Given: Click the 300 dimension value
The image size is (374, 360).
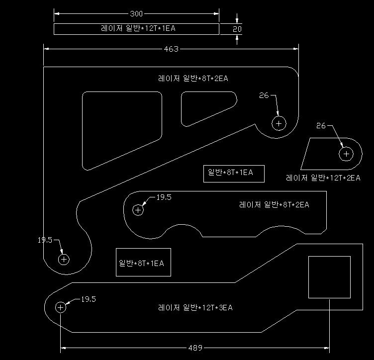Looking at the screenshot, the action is [x=136, y=13].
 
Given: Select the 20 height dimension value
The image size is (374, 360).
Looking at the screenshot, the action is [x=237, y=29].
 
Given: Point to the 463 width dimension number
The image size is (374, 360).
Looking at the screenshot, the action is [x=171, y=49].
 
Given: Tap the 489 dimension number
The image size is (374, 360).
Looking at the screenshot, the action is [x=195, y=348].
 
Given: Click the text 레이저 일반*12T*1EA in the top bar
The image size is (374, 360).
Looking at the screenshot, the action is [x=138, y=28].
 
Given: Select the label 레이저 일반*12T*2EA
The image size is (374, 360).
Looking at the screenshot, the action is [x=323, y=178].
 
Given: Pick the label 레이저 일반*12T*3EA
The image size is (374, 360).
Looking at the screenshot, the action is [x=195, y=308].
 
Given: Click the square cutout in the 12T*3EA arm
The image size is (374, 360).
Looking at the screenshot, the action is [x=329, y=257].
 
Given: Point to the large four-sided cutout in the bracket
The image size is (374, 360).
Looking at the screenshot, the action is [x=82, y=129].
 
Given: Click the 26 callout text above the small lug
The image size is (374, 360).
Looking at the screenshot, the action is [x=321, y=126].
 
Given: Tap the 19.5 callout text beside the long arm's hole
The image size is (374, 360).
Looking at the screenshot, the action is [x=89, y=299].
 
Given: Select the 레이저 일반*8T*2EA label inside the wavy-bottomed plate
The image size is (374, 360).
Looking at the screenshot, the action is [x=274, y=204].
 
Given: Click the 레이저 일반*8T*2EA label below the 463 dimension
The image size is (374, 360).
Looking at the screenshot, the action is [x=193, y=78].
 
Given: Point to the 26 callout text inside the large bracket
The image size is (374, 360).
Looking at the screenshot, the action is [x=264, y=95].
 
